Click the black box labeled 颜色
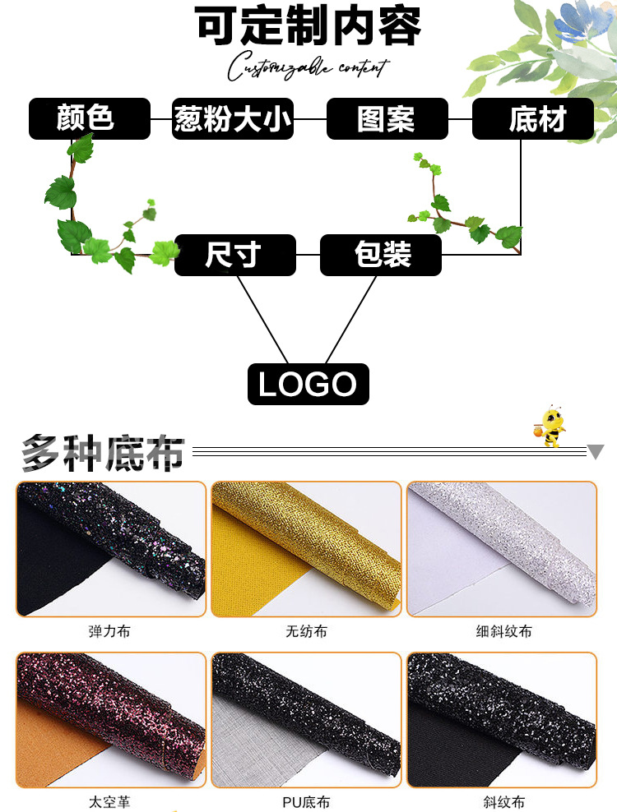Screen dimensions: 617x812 coord(90,119)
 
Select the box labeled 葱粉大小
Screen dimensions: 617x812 coord(233,119)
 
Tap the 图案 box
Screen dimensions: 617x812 coord(387,119)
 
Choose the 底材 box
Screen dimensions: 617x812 coord(532,119)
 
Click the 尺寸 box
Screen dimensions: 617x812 coord(234,255)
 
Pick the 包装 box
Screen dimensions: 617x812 coord(380,255)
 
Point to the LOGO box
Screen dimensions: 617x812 coord(308,385)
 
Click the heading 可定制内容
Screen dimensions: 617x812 coord(308,26)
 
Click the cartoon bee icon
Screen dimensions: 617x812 coord(550,426)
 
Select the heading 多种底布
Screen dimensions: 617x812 coord(103,452)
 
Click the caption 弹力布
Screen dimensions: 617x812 coord(109,632)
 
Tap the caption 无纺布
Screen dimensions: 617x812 coord(306,632)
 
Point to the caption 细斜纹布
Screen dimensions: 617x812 coord(503,632)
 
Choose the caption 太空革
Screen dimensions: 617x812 coord(109,802)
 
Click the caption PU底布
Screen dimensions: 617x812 coord(306,802)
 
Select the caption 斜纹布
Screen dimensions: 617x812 coord(503,802)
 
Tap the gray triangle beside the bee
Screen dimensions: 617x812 coord(596,451)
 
